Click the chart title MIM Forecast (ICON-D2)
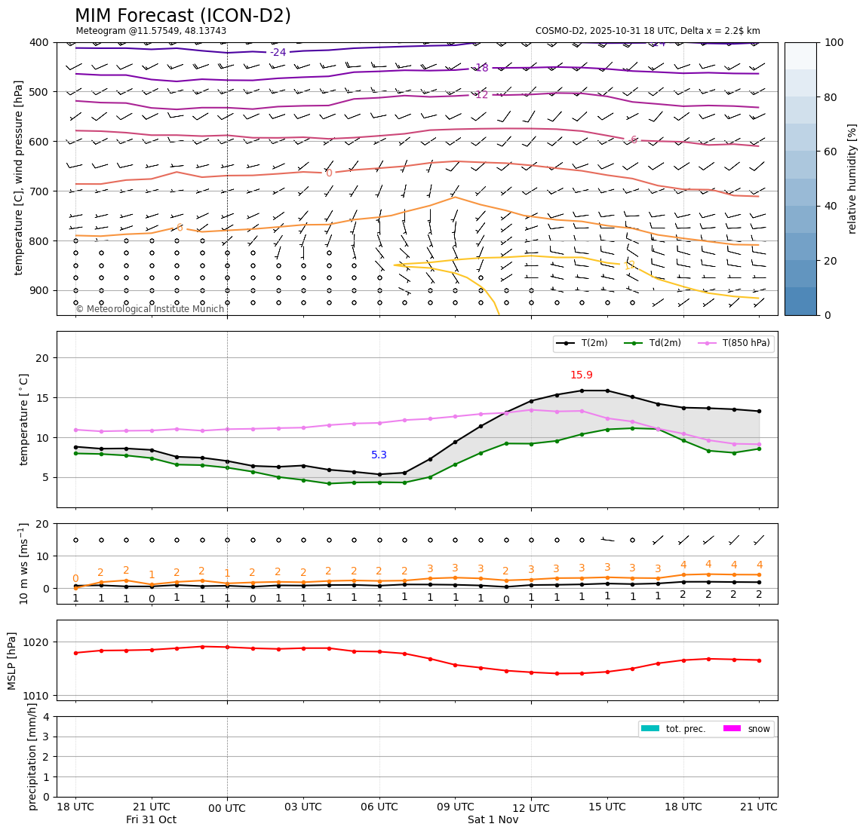[x=183, y=16]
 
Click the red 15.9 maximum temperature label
[x=581, y=375]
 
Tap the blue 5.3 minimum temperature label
[x=379, y=455]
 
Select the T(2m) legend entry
[x=593, y=344]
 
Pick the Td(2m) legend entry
[x=665, y=344]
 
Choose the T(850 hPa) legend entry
[x=746, y=344]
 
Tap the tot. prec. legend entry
[x=685, y=729]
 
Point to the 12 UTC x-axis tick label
[x=530, y=809]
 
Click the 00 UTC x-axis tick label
[x=227, y=809]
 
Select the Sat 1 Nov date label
[x=493, y=820]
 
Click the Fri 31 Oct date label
[x=151, y=820]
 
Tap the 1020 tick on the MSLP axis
[x=38, y=642]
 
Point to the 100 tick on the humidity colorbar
[x=834, y=42]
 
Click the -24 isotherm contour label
[x=278, y=53]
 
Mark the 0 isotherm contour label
[x=329, y=173]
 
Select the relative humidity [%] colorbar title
[x=852, y=179]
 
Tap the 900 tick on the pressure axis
[x=38, y=290]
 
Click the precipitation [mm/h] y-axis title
[x=32, y=756]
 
